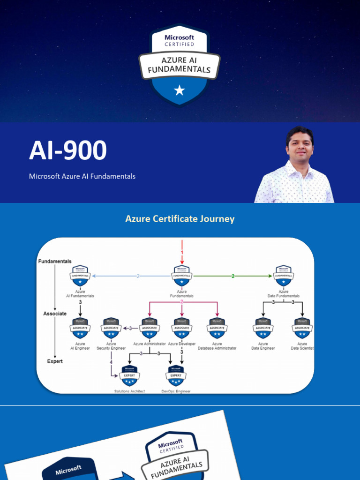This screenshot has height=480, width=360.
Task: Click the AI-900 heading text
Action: (x=68, y=151)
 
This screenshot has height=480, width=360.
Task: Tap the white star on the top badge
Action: (x=180, y=90)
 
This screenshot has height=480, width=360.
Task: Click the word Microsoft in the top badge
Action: (x=180, y=37)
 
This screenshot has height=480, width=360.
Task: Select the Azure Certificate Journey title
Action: (x=180, y=219)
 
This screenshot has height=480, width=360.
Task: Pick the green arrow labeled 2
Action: (x=232, y=276)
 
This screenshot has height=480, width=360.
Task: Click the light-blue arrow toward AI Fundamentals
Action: (x=132, y=276)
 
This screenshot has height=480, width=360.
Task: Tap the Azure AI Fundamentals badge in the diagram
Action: (x=80, y=276)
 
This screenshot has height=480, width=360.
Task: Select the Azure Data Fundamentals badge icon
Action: (x=283, y=276)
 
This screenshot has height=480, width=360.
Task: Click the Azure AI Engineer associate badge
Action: (x=80, y=328)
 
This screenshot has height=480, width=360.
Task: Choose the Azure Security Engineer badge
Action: (x=111, y=328)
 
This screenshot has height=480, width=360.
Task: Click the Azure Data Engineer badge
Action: (x=263, y=328)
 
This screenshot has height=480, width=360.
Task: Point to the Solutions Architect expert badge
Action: (x=130, y=375)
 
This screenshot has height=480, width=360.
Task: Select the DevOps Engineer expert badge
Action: (x=176, y=375)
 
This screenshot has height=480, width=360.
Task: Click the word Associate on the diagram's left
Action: (x=55, y=314)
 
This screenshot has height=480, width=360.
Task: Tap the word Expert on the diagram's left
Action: (x=55, y=361)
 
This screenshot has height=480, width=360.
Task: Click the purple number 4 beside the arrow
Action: (x=111, y=362)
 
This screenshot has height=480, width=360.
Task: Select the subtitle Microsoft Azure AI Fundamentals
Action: (x=82, y=176)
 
